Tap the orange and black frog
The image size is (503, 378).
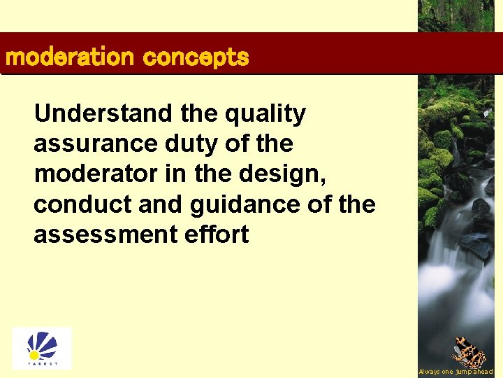[x=469, y=352]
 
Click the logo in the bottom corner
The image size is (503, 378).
[x=41, y=348]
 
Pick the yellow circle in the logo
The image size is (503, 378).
[x=32, y=355]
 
